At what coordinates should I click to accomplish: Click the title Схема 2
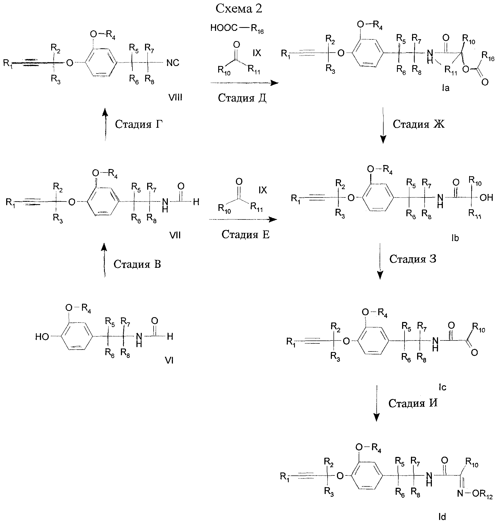pyautogui.click(x=239, y=9)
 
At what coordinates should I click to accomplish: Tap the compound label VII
pyautogui.click(x=175, y=235)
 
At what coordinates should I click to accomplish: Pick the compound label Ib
pyautogui.click(x=455, y=238)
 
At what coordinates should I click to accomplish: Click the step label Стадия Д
pyautogui.click(x=242, y=98)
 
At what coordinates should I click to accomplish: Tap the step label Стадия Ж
pyautogui.click(x=419, y=124)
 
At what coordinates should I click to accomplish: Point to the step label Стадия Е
pyautogui.click(x=246, y=234)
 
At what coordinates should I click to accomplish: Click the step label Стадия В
pyautogui.click(x=137, y=264)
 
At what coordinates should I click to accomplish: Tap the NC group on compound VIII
pyautogui.click(x=173, y=63)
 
